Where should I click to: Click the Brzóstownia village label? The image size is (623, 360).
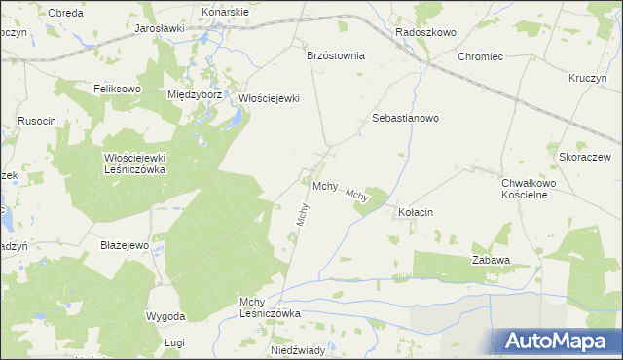coord(335,55)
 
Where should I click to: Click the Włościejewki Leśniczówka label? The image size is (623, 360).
coord(136,162)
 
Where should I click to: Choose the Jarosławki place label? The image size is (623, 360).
coord(160,29)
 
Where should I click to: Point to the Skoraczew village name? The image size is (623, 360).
coord(584,157)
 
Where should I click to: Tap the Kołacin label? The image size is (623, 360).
coord(416,212)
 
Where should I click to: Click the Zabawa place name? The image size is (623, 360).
coord(492,261)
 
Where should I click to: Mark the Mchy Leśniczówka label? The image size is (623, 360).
coord(271,307)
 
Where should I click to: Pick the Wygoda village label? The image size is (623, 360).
coord(165,317)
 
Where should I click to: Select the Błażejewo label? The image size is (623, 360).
coord(124,245)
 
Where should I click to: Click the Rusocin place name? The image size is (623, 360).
coord(37,121)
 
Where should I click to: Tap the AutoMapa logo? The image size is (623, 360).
coord(559,342)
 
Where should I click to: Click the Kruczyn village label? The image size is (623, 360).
coord(590,77)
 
